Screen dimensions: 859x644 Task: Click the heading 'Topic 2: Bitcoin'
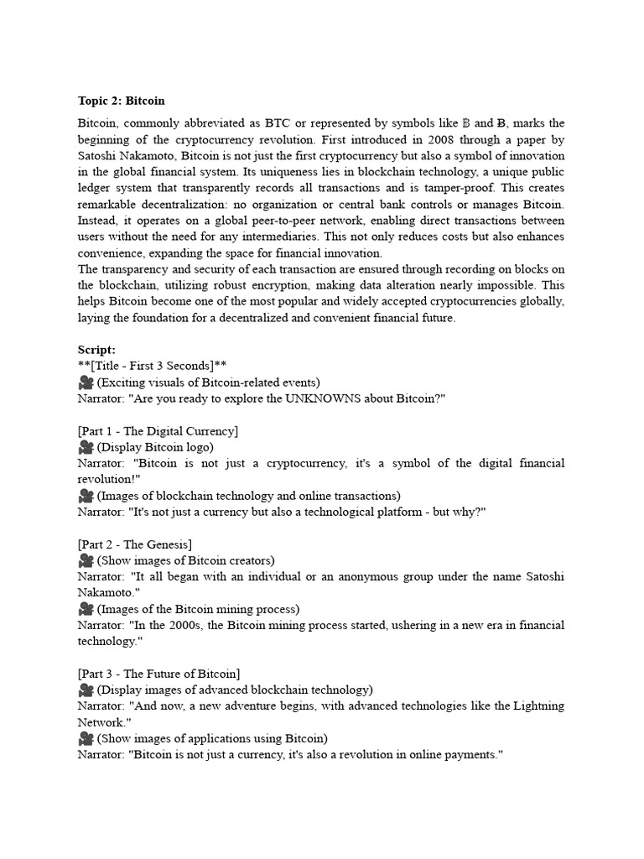[122, 102]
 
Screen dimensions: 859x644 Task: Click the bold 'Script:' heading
[96, 350]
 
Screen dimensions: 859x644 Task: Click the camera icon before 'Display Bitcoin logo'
[86, 447]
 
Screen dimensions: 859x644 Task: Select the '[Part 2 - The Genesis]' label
[134, 544]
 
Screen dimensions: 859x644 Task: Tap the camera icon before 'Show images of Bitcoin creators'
[86, 560]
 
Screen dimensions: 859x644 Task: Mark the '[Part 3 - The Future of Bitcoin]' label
[158, 674]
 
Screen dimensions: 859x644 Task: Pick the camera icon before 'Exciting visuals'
[86, 383]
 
